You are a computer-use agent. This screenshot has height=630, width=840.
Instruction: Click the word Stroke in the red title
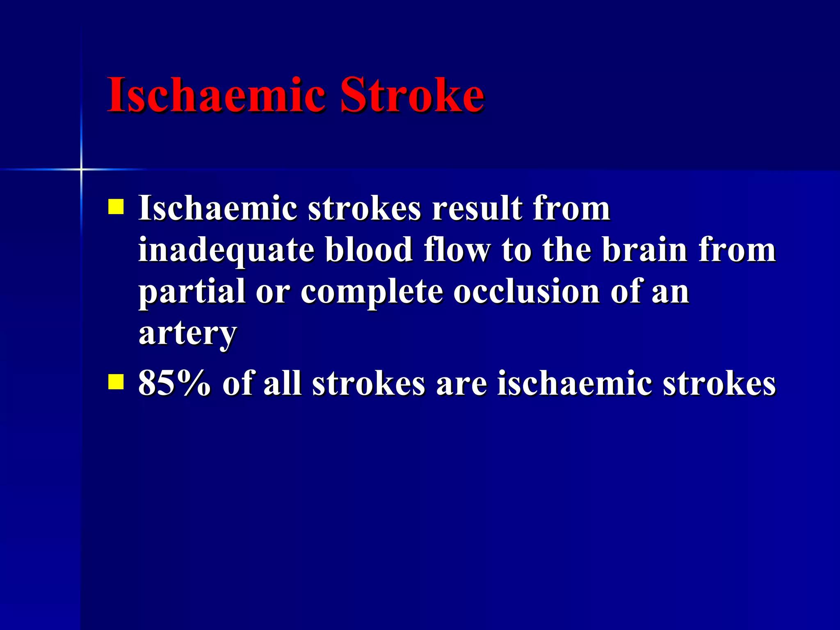412,95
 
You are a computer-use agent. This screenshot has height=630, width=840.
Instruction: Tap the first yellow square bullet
116,207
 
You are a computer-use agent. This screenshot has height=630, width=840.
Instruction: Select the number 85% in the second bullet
174,383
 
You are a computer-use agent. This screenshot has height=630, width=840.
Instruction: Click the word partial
192,292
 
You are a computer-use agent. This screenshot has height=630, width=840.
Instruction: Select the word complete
372,292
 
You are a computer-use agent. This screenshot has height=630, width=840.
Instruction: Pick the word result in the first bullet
477,208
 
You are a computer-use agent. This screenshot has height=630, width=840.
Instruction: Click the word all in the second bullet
282,383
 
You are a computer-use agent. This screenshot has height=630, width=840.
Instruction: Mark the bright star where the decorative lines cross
81,169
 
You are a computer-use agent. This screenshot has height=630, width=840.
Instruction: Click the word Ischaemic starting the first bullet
217,208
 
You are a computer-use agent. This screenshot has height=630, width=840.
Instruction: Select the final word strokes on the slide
719,383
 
